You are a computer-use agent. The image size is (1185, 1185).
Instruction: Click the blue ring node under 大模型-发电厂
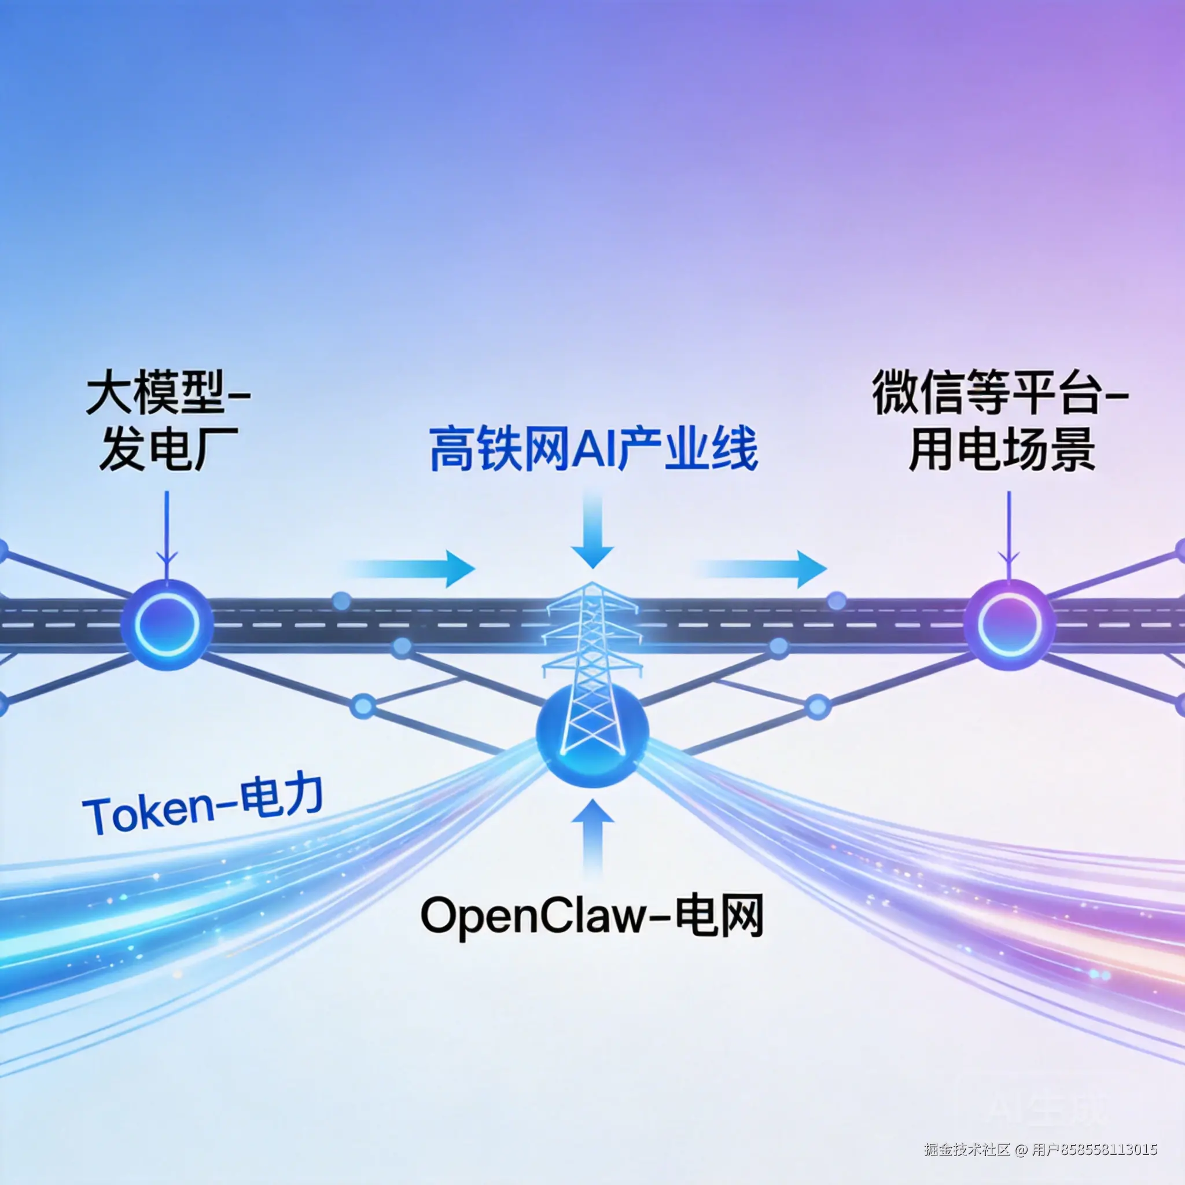click(x=167, y=624)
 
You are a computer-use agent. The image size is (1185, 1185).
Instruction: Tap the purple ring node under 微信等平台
click(x=1009, y=624)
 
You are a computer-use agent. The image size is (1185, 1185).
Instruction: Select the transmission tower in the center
click(x=592, y=650)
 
